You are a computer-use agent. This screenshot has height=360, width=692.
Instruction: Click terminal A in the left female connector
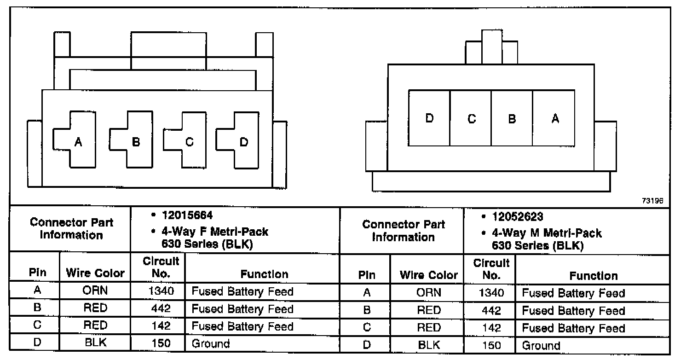coord(78,142)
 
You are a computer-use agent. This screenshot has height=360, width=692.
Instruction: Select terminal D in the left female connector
coord(244,142)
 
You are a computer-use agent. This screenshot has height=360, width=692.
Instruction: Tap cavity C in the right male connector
coord(471,118)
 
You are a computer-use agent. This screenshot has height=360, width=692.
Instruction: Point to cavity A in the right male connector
coord(555,118)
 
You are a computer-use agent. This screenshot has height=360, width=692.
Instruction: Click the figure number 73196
coord(653,201)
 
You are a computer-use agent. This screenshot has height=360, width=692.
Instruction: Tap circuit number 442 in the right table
coord(491,311)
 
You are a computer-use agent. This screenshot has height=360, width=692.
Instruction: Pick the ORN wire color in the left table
coord(95,291)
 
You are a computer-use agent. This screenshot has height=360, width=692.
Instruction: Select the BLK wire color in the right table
coord(429,345)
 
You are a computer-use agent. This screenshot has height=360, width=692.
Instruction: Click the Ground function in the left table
coord(211,343)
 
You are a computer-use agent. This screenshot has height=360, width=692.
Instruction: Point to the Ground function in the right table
coord(541,345)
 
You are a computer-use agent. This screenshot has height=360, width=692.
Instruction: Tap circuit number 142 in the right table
coord(491,328)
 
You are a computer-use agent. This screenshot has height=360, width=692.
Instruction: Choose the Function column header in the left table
coord(264,274)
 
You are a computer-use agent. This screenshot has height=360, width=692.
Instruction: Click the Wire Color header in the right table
coord(429,275)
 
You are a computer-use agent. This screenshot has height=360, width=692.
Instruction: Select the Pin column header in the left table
coord(38,273)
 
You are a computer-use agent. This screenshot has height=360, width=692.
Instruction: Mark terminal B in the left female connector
coord(135,142)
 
